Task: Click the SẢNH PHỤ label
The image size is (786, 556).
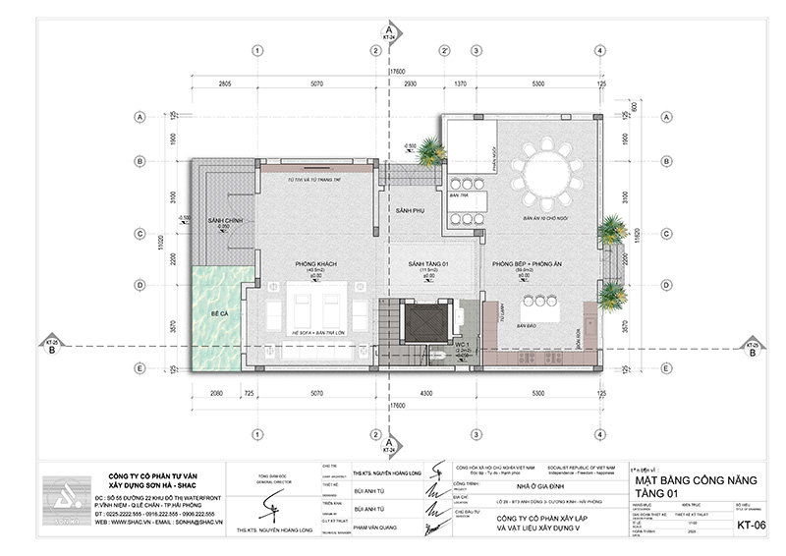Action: [x=409, y=211]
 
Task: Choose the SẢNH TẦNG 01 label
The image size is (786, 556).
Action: [x=428, y=265]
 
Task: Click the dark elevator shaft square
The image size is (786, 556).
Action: [x=428, y=320]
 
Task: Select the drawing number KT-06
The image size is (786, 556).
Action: [x=751, y=526]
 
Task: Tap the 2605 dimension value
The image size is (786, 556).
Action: [x=224, y=85]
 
